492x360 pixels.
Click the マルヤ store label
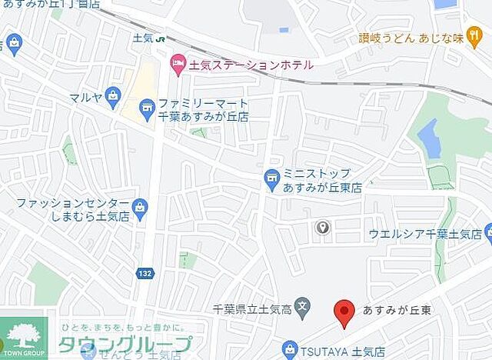coord(86,97)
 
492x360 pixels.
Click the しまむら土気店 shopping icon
coord(139,206)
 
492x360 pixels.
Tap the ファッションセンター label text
coord(73,204)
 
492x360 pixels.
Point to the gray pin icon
coord(324,227)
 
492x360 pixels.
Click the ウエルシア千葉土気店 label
coord(425,233)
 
